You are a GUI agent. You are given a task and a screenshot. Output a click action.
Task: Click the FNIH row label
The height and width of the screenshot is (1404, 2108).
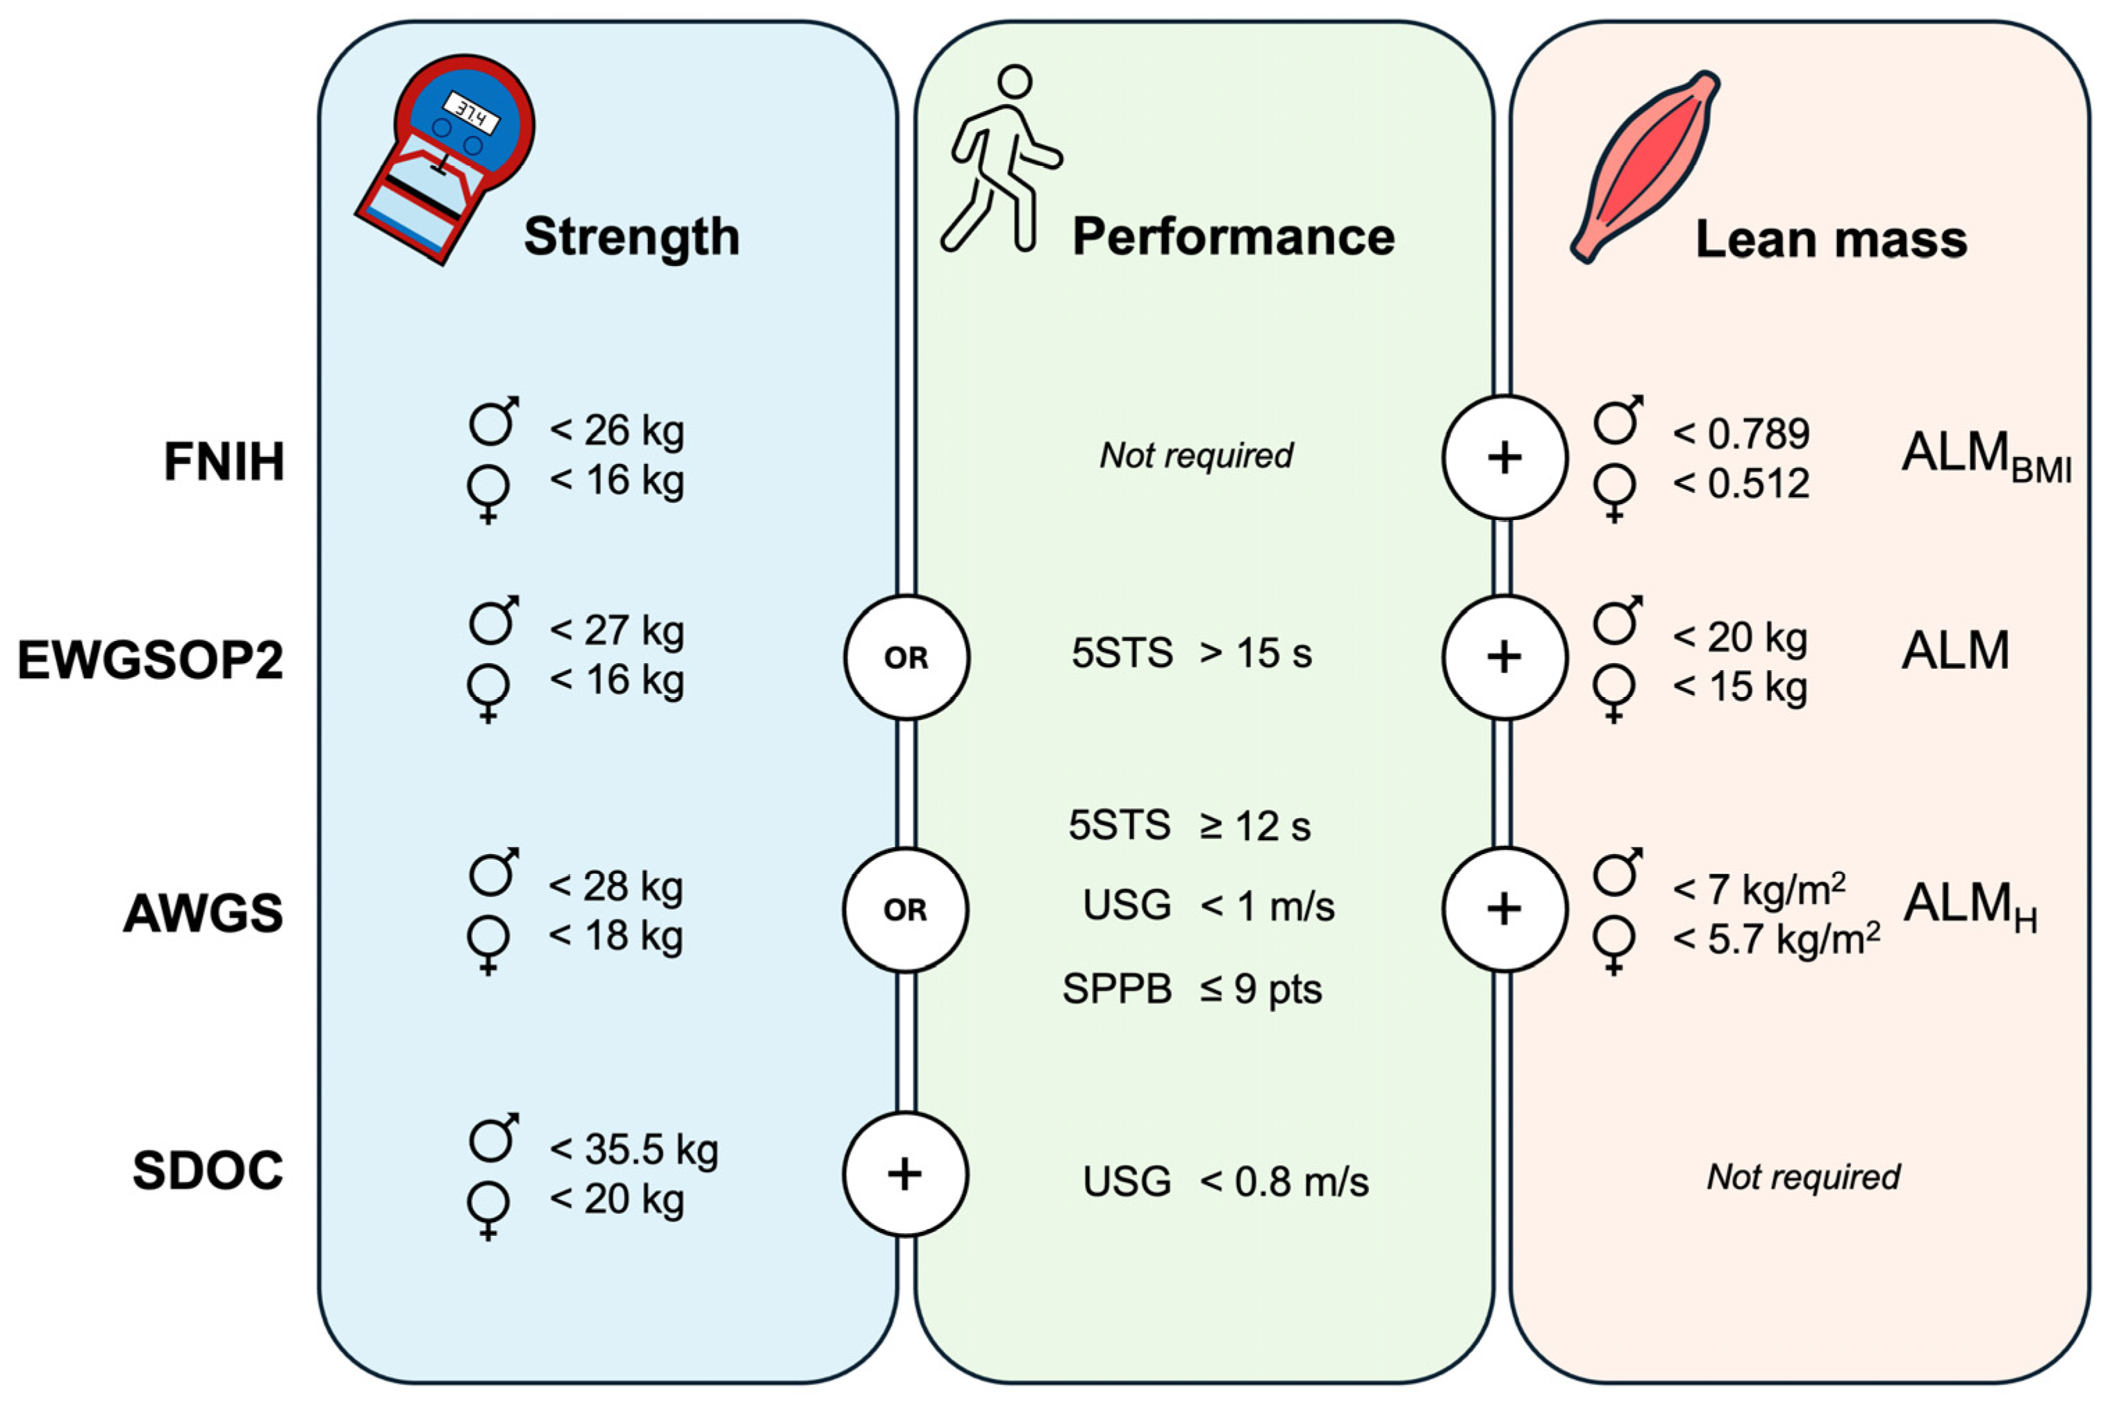tap(224, 462)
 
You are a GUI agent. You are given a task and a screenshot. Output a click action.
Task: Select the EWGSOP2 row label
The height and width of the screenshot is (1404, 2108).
tap(151, 661)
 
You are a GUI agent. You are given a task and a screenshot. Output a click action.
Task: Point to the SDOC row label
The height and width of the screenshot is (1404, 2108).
tap(208, 1170)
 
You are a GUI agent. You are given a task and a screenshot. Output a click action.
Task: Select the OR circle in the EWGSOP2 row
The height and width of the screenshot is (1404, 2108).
tap(906, 658)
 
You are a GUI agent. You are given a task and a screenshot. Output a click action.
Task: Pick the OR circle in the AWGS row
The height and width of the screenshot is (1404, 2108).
tap(905, 910)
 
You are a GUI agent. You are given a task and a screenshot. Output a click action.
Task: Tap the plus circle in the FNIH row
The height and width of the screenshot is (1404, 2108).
tap(1504, 458)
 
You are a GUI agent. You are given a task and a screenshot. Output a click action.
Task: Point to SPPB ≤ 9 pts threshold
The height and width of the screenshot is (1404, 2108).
tap(1192, 989)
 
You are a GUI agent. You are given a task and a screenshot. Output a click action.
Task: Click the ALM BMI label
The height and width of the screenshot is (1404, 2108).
tap(1984, 455)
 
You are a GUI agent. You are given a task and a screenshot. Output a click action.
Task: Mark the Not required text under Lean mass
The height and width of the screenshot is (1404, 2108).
tap(1802, 1176)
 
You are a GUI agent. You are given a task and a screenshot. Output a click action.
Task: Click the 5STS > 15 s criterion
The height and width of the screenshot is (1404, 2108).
tap(1191, 653)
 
